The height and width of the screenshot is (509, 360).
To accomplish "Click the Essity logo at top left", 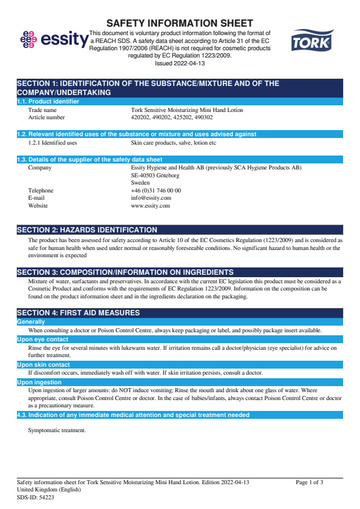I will click(53, 39).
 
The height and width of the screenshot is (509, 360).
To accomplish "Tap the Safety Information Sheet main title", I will click(180, 23).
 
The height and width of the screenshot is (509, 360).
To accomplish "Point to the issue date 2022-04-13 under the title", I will click(180, 62).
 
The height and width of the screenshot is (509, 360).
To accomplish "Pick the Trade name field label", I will click(42, 110).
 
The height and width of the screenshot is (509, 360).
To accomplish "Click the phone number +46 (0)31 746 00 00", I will click(155, 191).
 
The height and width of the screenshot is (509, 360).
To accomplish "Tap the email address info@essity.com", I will click(151, 198).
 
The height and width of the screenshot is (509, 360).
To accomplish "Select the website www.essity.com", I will click(150, 206).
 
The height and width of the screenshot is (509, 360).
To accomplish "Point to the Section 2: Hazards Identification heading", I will click(87, 230).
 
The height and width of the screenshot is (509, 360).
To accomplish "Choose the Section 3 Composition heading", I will click(125, 272).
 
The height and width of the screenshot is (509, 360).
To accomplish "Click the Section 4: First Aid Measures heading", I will click(78, 313).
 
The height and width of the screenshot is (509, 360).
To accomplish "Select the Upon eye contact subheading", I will click(42, 340).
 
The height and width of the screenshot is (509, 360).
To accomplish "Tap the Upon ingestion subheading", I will click(40, 383).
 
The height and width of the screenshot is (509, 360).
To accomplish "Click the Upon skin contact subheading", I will click(43, 365).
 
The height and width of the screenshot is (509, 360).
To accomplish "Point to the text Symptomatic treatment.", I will click(57, 430).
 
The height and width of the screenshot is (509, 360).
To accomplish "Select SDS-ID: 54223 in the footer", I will click(35, 496).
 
